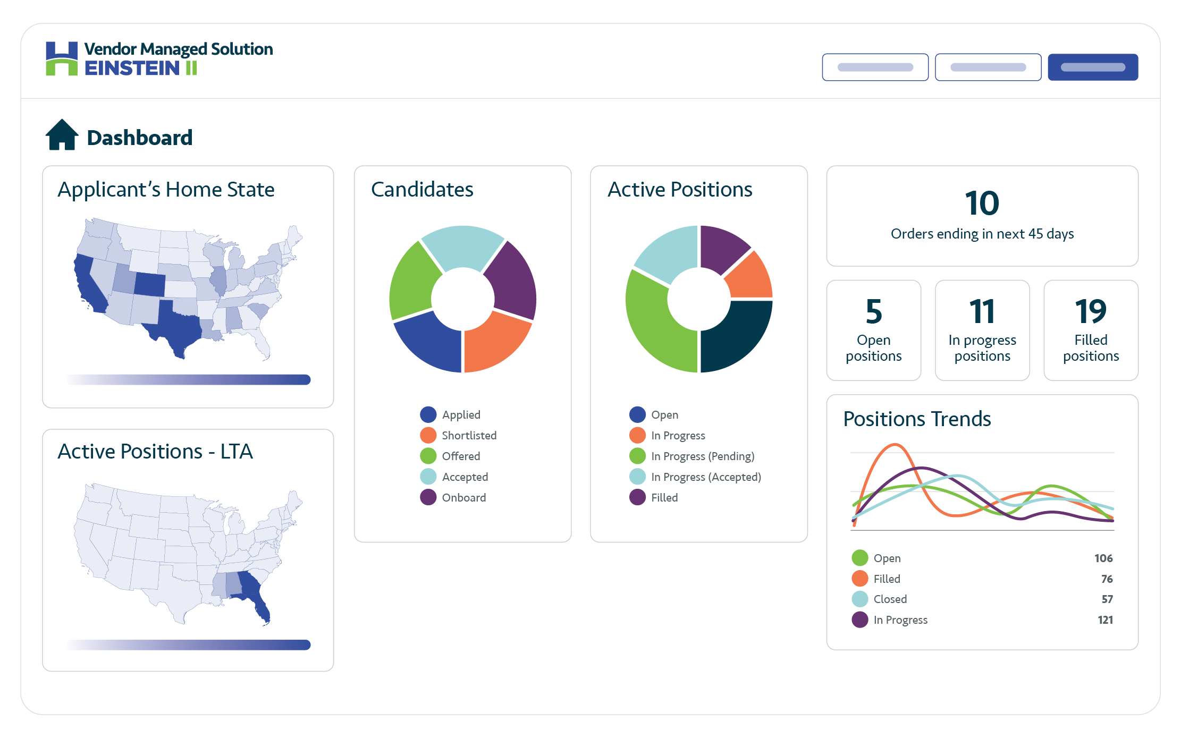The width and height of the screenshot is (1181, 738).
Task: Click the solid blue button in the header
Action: tap(1092, 67)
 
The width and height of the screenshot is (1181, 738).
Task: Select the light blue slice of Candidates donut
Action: tap(462, 246)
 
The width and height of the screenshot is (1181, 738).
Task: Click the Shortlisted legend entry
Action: tap(469, 435)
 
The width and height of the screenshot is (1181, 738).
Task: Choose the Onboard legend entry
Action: tap(463, 497)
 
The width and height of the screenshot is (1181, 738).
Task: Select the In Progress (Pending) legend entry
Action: tap(702, 456)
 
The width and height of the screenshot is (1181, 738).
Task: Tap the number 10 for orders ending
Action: tap(982, 203)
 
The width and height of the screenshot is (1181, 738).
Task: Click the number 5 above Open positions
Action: tap(873, 311)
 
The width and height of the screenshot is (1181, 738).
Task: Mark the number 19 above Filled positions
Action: tap(1091, 311)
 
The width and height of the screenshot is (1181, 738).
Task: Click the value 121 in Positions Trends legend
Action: tap(1105, 620)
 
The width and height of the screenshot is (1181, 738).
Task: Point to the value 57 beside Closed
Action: tap(1107, 599)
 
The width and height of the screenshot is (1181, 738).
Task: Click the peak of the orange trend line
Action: tap(895, 445)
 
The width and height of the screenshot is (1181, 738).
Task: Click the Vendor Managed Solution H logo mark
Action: tap(62, 58)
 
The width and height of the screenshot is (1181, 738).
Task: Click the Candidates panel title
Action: tap(422, 190)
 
